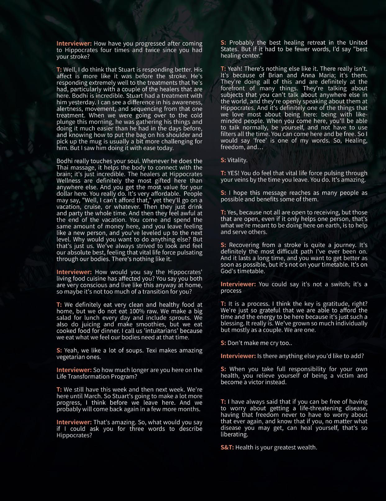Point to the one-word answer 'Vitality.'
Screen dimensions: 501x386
coord(237,160)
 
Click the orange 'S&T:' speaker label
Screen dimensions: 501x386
coord(227,447)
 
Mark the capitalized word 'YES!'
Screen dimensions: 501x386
coord(234,173)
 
